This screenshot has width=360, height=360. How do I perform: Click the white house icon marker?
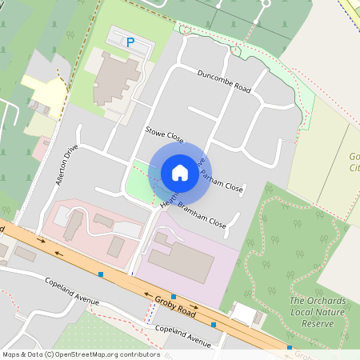click(x=180, y=172)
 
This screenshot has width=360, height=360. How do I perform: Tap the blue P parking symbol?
click(x=130, y=41)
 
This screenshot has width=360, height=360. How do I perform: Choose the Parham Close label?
click(x=222, y=182)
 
